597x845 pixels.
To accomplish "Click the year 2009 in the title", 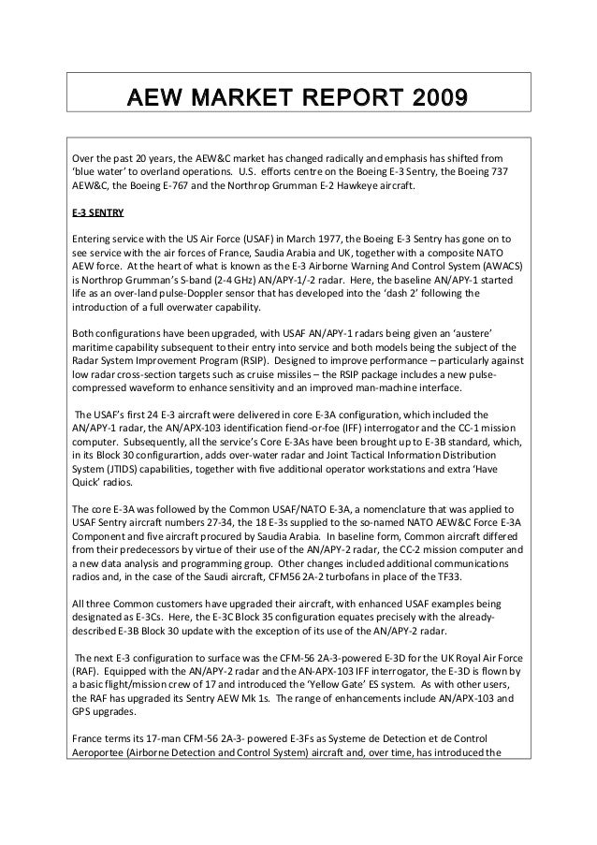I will click(434, 98).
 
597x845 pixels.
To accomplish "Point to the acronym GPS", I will click(83, 713).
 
